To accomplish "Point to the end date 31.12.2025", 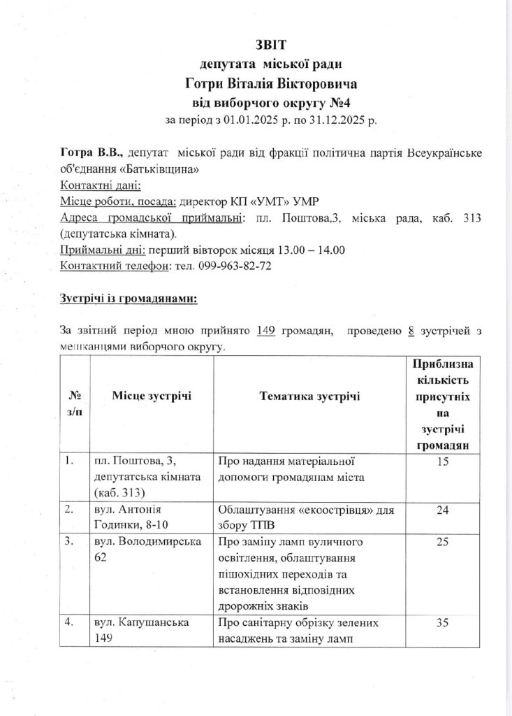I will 339,119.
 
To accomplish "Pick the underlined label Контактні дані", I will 101,186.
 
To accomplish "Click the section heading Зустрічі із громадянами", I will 129,300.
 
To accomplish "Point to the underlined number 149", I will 267,331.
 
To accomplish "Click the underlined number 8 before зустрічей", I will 411,331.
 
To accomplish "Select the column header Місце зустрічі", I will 152,396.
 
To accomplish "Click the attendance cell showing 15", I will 441,462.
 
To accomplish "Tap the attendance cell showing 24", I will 441,511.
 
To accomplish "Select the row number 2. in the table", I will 69,511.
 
